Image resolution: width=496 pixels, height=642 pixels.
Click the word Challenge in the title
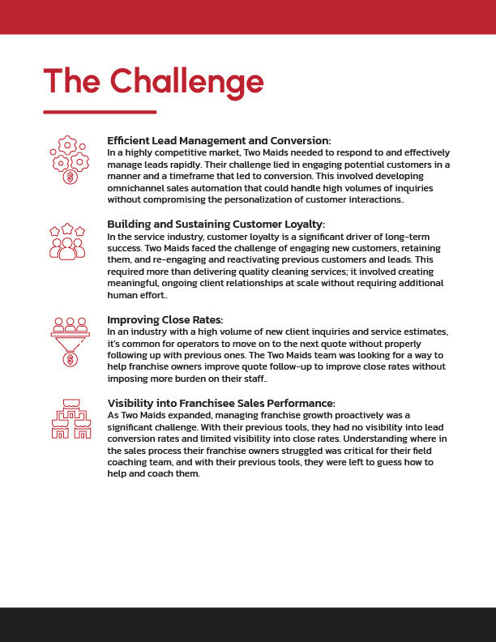point(187,81)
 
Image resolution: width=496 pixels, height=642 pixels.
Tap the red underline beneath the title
point(100,112)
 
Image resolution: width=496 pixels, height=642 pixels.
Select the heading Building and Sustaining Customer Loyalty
point(216,224)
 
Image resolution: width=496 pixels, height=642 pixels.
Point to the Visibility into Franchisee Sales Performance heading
point(221,403)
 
